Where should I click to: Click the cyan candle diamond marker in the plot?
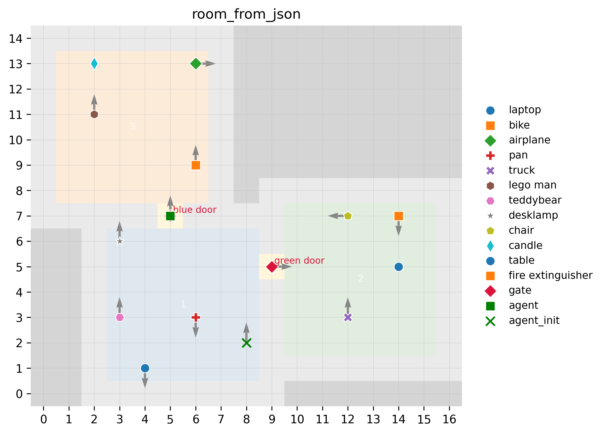point(94,64)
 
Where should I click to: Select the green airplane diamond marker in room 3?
point(196,64)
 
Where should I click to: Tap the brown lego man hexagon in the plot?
point(94,115)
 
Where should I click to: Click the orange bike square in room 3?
point(196,165)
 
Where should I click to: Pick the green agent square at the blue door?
point(170,216)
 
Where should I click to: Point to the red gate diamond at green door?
point(272,267)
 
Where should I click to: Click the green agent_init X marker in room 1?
point(247,343)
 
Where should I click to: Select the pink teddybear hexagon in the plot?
point(120,317)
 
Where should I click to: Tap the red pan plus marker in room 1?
point(196,317)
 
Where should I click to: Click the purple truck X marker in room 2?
point(348,317)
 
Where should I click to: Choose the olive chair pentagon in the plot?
point(348,216)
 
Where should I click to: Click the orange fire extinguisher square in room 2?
point(399,216)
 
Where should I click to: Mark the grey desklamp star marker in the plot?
point(120,241)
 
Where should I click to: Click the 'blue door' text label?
point(195,210)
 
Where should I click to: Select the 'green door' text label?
point(299,260)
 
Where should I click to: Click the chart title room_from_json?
point(246,14)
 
